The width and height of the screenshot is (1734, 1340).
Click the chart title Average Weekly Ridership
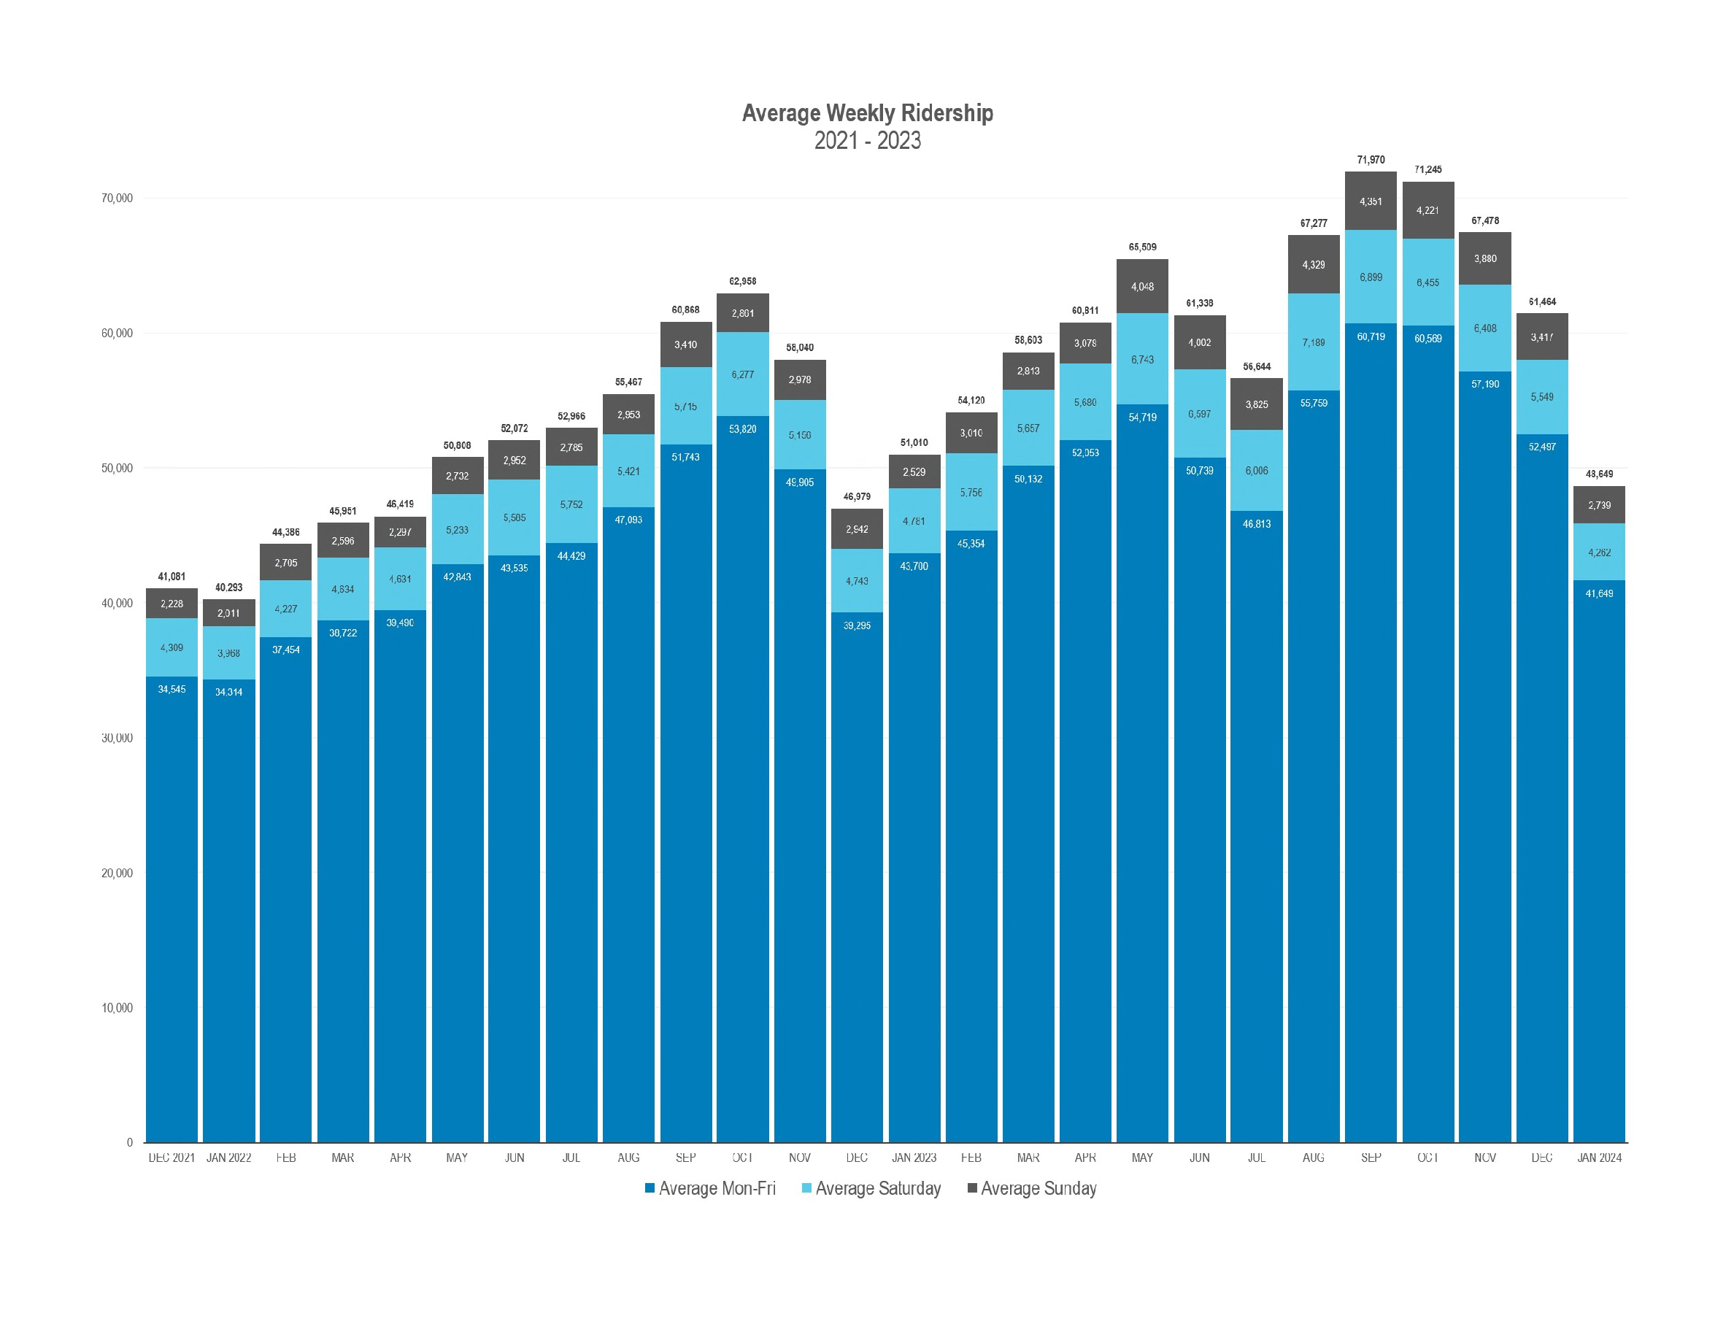click(x=867, y=112)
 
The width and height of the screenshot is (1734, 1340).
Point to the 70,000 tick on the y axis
click(x=117, y=199)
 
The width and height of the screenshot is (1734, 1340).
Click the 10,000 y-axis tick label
click(x=117, y=1008)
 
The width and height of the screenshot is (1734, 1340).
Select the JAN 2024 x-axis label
click(x=1599, y=1158)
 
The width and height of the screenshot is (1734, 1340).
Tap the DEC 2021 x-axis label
click(x=172, y=1158)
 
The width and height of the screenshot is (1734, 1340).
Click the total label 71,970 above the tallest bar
click(x=1371, y=160)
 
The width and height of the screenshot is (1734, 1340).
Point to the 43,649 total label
click(x=1599, y=474)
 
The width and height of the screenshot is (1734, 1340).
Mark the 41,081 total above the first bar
click(x=172, y=577)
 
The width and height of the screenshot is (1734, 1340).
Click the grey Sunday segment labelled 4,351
click(x=1371, y=201)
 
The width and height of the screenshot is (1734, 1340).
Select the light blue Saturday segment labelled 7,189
click(x=1313, y=343)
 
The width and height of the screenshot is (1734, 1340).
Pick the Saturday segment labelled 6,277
click(x=742, y=374)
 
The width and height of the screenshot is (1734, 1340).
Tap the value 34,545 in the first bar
click(x=172, y=689)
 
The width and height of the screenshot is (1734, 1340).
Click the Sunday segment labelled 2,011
click(x=228, y=613)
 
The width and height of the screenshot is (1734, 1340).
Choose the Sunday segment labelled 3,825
click(x=1256, y=405)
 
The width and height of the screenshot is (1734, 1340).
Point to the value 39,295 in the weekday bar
click(x=857, y=625)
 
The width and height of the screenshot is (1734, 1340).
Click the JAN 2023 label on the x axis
click(x=914, y=1158)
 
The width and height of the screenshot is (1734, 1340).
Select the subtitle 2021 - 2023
click(x=867, y=141)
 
